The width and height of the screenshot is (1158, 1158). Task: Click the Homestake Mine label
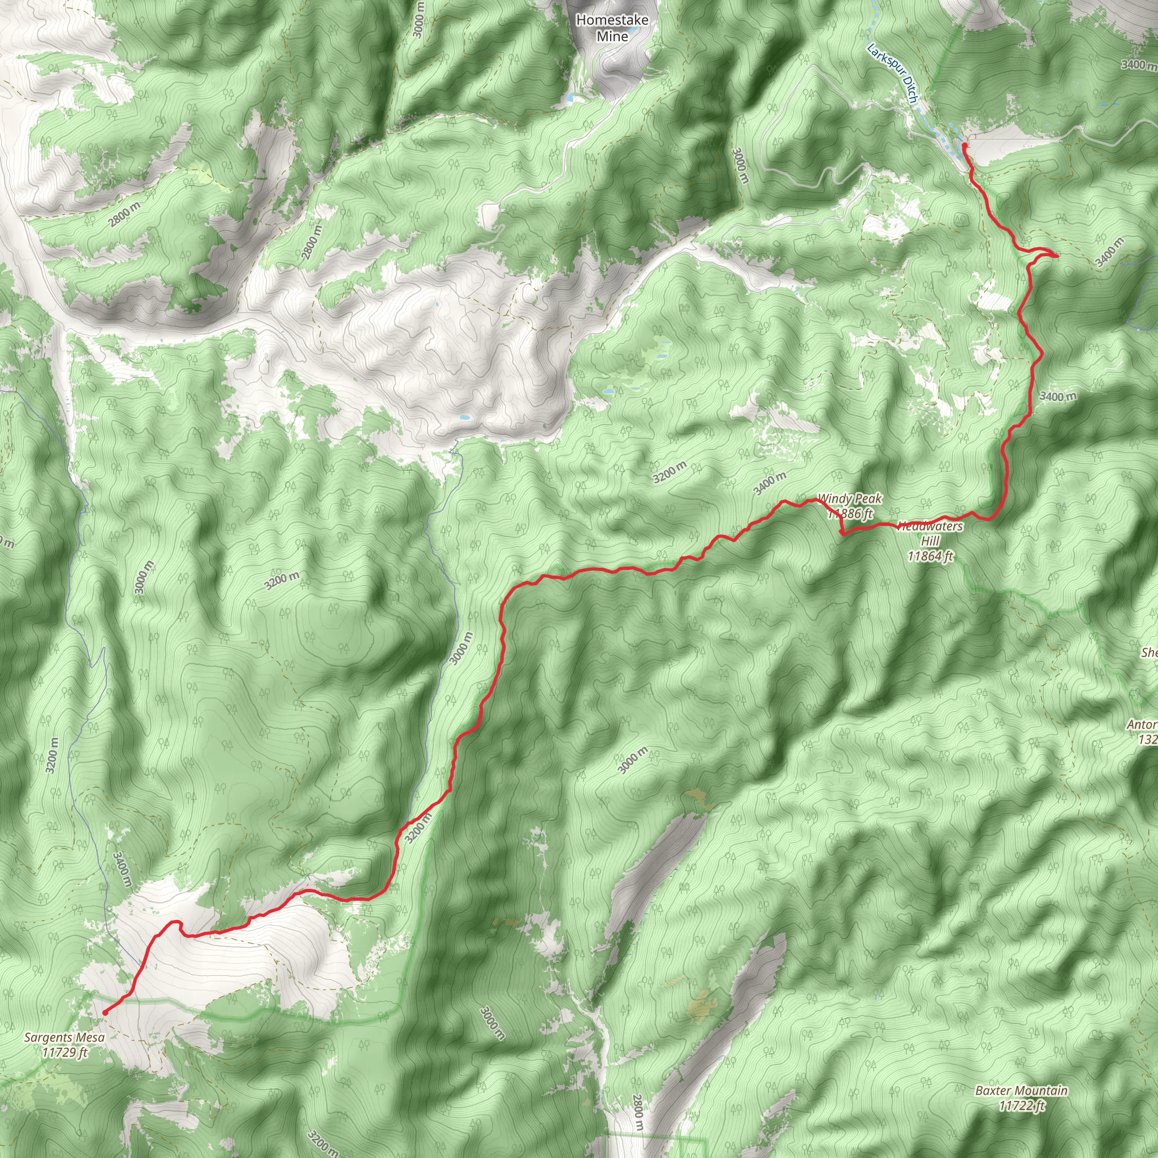point(612,28)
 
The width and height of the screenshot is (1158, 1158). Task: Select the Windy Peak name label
point(849,498)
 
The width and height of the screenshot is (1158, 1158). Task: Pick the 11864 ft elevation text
point(930,556)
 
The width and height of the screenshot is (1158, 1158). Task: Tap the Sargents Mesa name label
point(64,1037)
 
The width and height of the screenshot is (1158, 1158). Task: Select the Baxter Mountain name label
point(1021,1090)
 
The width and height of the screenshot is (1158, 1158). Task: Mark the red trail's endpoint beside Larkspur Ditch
point(963,145)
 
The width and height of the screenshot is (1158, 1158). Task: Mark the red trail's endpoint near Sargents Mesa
point(106,1012)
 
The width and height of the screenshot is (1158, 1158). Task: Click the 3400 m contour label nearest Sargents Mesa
point(122,870)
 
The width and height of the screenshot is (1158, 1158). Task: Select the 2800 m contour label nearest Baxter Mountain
point(638,1112)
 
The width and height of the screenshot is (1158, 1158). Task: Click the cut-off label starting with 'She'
point(1149,653)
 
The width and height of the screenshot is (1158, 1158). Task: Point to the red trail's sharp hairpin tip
point(1056,256)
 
